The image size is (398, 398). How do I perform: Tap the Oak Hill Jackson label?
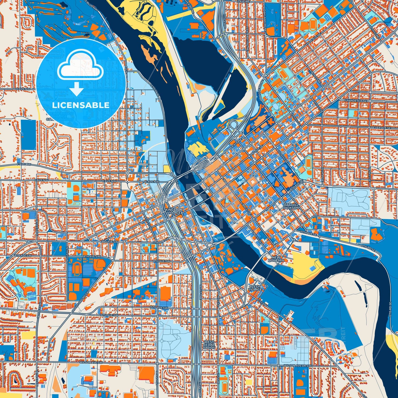click(x=291, y=206)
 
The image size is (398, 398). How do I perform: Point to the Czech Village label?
click(x=255, y=288)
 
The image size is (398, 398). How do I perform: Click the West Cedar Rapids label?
click(x=209, y=345)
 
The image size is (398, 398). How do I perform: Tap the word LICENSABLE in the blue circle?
click(x=81, y=105)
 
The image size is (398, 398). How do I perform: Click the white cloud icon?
click(x=80, y=65)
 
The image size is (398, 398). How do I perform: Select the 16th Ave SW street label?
click(x=109, y=315)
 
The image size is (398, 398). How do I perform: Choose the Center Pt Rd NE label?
click(x=248, y=38)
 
